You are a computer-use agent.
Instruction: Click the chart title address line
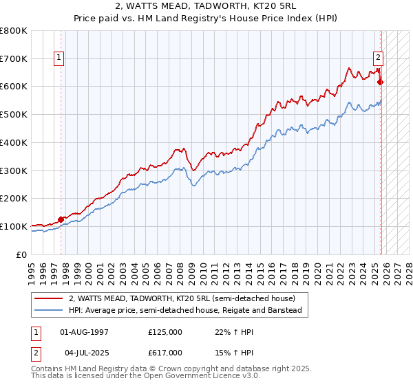coord(206,5)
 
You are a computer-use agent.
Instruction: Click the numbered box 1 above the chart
coord(61,58)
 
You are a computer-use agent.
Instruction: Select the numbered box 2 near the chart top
coord(379,58)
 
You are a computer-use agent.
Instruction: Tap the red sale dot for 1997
coord(61,219)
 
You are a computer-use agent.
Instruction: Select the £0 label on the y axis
coord(23,254)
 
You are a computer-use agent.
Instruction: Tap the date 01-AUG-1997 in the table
coord(84,332)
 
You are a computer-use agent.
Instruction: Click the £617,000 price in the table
coord(165,353)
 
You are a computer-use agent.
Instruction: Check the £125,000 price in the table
coord(165,332)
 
